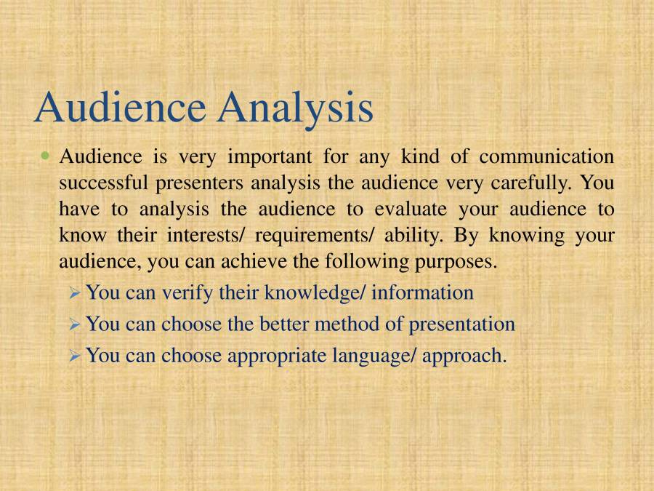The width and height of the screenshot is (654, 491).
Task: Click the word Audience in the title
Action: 120,107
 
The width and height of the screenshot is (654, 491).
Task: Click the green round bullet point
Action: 47,155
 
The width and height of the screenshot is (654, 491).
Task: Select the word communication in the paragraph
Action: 546,156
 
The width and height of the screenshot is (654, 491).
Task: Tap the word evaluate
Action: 411,209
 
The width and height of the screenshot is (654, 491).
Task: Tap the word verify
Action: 188,293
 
